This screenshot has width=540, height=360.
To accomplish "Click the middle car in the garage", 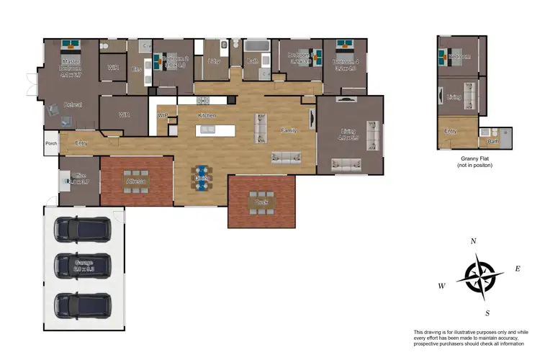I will pyautogui.click(x=84, y=266).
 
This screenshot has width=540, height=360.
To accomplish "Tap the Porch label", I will pyautogui.click(x=51, y=143).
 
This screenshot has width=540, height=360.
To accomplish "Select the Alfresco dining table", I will pyautogui.click(x=136, y=180).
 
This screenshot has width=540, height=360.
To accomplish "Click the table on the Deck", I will pyautogui.click(x=261, y=202).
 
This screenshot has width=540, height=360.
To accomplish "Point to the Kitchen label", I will pyautogui.click(x=207, y=115).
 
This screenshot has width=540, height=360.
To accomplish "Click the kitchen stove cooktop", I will pyautogui.click(x=173, y=121).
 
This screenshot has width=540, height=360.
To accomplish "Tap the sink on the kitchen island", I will pyautogui.click(x=207, y=130).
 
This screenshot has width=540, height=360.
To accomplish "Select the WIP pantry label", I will pyautogui.click(x=162, y=115).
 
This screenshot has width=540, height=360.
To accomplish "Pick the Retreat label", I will pyautogui.click(x=72, y=105).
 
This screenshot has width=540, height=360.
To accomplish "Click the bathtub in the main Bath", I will pyautogui.click(x=255, y=46).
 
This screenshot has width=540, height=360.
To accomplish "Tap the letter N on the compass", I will pyautogui.click(x=473, y=242).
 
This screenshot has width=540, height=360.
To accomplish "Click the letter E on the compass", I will pyautogui.click(x=517, y=269).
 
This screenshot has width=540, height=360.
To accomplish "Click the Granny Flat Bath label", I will pyautogui.click(x=494, y=142).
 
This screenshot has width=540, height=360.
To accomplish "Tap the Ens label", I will pyautogui.click(x=135, y=69).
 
